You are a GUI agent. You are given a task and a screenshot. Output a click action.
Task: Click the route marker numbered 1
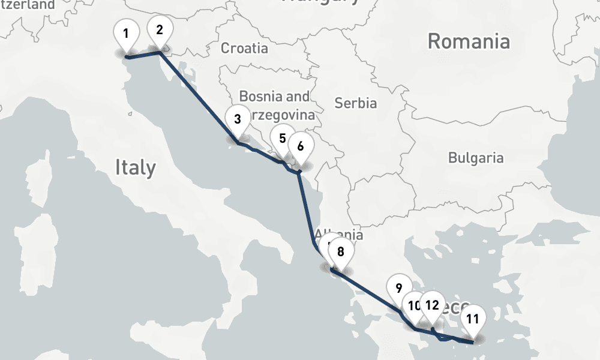point(126,33)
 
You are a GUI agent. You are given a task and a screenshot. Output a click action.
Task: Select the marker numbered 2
point(159,29)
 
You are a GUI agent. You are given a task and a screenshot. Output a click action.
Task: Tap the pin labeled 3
point(238,118)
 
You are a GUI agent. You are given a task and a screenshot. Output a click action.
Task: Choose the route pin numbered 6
point(301,146)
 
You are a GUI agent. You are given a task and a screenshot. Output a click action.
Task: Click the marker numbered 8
point(341,251)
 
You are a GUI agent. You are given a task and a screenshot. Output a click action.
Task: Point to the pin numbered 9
point(399,287)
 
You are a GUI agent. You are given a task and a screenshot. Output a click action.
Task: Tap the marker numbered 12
point(432,304)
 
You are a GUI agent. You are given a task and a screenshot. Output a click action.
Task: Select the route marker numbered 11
point(473,319)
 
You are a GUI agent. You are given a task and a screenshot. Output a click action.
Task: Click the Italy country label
point(135,167)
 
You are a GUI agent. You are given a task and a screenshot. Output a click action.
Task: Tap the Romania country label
point(469,41)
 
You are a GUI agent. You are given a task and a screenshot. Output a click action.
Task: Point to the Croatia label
point(244,48)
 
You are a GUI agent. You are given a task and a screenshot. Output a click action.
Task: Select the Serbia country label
point(356,103)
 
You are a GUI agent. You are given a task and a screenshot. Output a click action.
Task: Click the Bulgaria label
point(476,158)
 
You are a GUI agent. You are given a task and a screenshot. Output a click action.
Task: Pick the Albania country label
point(339,234)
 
